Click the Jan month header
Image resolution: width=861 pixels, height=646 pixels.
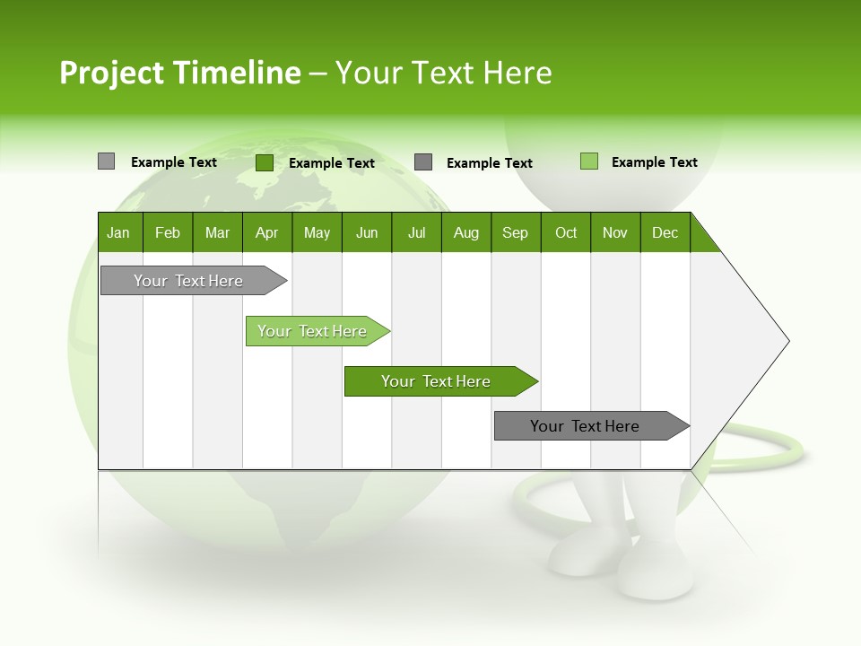point(118,232)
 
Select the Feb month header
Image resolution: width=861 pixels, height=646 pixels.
point(168,232)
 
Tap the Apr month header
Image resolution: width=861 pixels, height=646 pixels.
point(266,232)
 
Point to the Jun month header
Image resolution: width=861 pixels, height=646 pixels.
point(367,232)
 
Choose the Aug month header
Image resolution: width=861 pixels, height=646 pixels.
point(465,232)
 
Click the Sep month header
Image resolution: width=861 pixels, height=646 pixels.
point(515,232)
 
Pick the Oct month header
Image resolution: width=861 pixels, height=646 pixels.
point(566,232)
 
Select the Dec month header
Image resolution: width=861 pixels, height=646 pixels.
point(665,232)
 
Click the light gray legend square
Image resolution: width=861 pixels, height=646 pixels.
point(106,161)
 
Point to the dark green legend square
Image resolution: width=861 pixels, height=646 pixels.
point(265,162)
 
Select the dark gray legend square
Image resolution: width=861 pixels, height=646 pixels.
point(423,161)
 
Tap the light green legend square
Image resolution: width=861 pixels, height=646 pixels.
point(588,161)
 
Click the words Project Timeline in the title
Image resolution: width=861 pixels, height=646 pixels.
point(179,73)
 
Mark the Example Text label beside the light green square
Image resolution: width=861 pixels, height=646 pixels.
point(654,162)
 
